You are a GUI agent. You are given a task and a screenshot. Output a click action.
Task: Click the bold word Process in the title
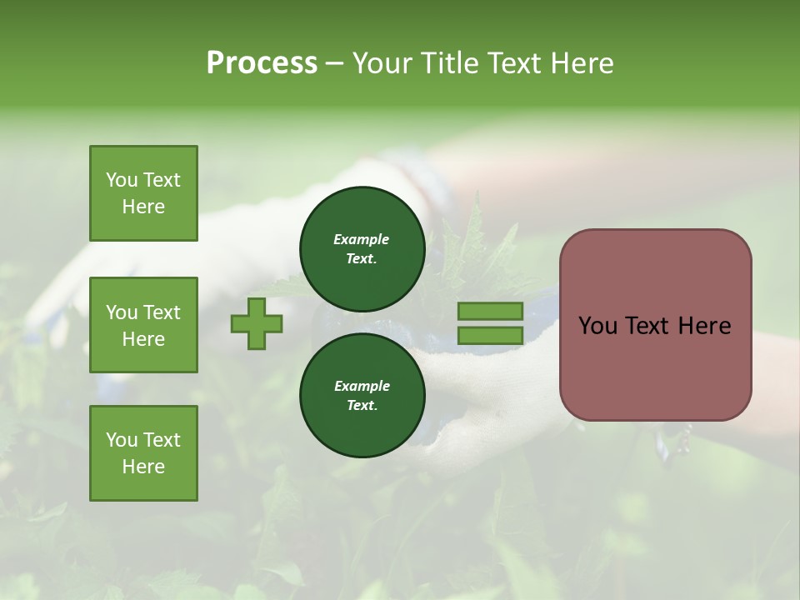point(262,63)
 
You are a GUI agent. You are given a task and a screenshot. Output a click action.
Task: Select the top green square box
point(143,193)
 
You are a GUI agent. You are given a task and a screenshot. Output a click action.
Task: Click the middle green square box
point(143,325)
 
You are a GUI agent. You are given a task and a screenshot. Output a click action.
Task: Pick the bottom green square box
point(143,453)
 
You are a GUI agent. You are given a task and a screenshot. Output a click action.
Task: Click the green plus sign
point(257,324)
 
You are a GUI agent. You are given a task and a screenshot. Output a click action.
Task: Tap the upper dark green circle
point(362,248)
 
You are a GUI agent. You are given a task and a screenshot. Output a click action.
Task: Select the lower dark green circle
point(362,395)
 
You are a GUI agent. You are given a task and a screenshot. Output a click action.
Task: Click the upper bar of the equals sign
point(490,312)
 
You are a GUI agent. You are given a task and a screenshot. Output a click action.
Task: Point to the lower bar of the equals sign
point(490,336)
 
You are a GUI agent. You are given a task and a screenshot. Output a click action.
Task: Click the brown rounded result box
point(655,324)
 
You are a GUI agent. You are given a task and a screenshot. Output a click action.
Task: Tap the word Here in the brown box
point(704,326)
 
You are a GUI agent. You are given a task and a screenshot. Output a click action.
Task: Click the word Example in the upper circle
point(362,239)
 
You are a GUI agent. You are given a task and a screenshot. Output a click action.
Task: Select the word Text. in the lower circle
point(362,405)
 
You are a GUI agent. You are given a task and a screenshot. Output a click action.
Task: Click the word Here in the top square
point(143,207)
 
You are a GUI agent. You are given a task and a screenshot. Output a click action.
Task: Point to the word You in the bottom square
point(122,440)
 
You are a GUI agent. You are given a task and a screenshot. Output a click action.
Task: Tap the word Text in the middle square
point(162,312)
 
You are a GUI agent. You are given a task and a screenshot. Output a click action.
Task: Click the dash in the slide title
point(335,63)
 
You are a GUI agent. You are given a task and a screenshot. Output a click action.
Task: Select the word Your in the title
point(384,63)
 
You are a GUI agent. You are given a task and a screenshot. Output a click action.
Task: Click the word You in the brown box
point(597,326)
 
